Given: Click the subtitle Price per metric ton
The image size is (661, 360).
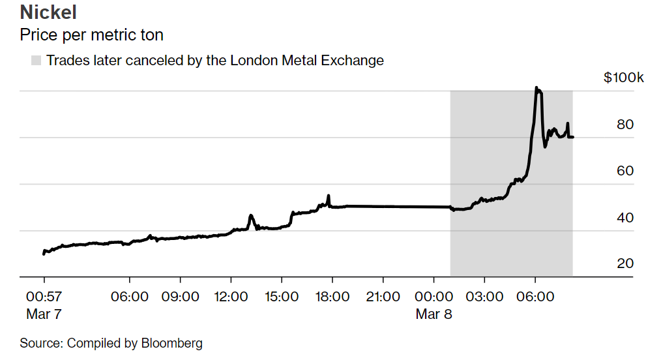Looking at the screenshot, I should pos(91,34).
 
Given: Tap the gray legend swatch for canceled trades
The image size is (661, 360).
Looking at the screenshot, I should pos(36,61).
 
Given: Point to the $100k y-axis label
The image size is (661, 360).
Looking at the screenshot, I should pos(623,78).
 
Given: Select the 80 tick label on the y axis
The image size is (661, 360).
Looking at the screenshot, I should pos(625,125).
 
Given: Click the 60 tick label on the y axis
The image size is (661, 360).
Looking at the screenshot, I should pos(625,171).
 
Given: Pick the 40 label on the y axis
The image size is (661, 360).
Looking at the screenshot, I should pos(625,217).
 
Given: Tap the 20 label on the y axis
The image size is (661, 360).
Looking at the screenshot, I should pos(625,263).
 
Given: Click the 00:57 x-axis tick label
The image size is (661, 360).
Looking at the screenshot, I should pos(44,297).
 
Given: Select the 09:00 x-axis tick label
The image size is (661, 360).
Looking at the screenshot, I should pos(180,297).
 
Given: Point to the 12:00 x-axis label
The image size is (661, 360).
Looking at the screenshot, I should pos(231,297).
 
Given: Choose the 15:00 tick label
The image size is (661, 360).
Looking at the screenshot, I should pos(281,297).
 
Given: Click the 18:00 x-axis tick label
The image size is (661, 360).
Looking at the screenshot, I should pos(332,297).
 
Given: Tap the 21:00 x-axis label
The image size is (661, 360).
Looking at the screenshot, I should pos(383,297).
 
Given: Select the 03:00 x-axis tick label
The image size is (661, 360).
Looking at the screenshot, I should pos(484,297).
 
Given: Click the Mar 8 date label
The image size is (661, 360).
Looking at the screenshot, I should pos(433,314).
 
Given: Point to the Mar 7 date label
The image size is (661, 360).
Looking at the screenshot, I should pos(44,314).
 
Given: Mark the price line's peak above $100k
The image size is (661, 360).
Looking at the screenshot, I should pos(536,87).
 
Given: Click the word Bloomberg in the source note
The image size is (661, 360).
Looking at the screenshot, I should pos(171,343).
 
